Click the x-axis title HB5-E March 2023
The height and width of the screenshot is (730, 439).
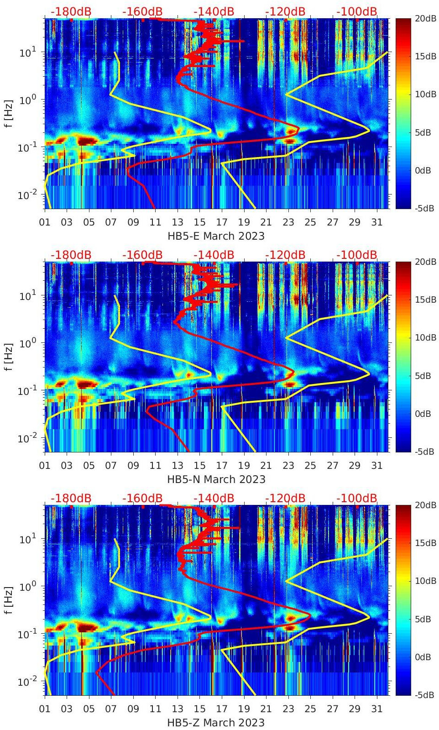click(x=216, y=236)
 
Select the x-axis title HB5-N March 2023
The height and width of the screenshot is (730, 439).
click(x=216, y=479)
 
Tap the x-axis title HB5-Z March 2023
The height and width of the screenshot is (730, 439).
click(x=216, y=722)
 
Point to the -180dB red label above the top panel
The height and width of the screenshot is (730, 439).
click(x=71, y=11)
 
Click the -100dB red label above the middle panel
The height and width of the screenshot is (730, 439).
click(x=357, y=255)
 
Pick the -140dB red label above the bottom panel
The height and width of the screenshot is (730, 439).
click(x=214, y=498)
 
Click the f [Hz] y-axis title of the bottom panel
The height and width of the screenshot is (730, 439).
click(x=9, y=600)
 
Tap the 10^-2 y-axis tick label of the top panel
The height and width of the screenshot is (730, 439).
click(x=28, y=195)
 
